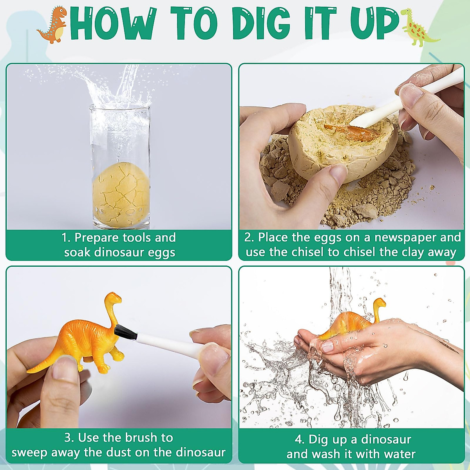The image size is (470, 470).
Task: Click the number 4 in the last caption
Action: (x=299, y=439)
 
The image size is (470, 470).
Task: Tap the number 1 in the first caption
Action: (x=65, y=238)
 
